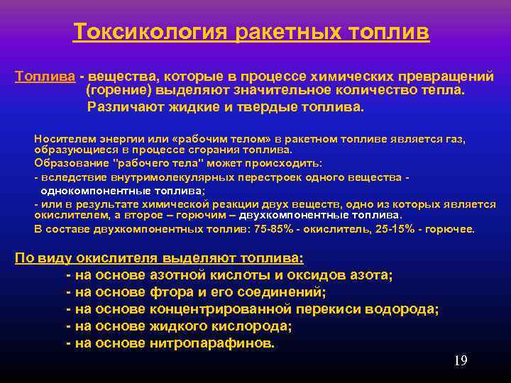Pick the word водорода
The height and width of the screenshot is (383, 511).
coord(407,309)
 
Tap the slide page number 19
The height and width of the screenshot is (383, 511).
coord(461,361)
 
